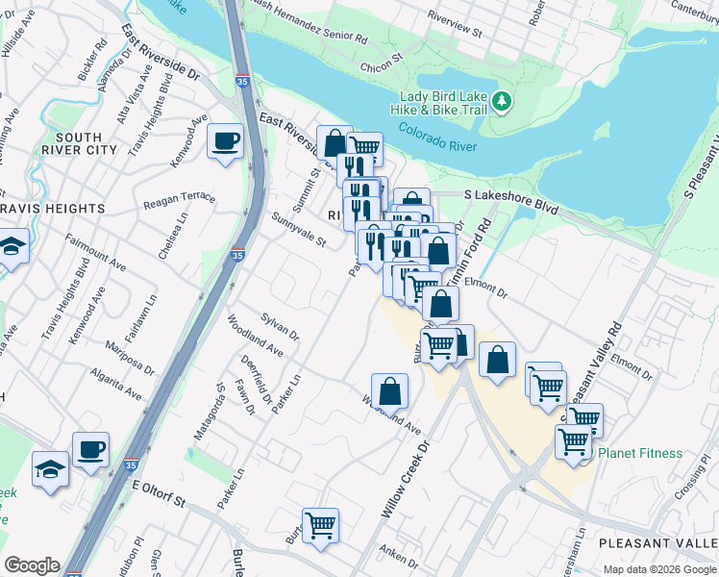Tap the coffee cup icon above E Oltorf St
click(x=90, y=449)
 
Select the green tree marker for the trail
click(x=501, y=101)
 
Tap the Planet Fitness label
click(x=640, y=453)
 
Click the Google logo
click(x=32, y=565)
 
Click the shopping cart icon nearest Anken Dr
click(x=320, y=525)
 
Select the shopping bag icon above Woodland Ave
click(x=389, y=390)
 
